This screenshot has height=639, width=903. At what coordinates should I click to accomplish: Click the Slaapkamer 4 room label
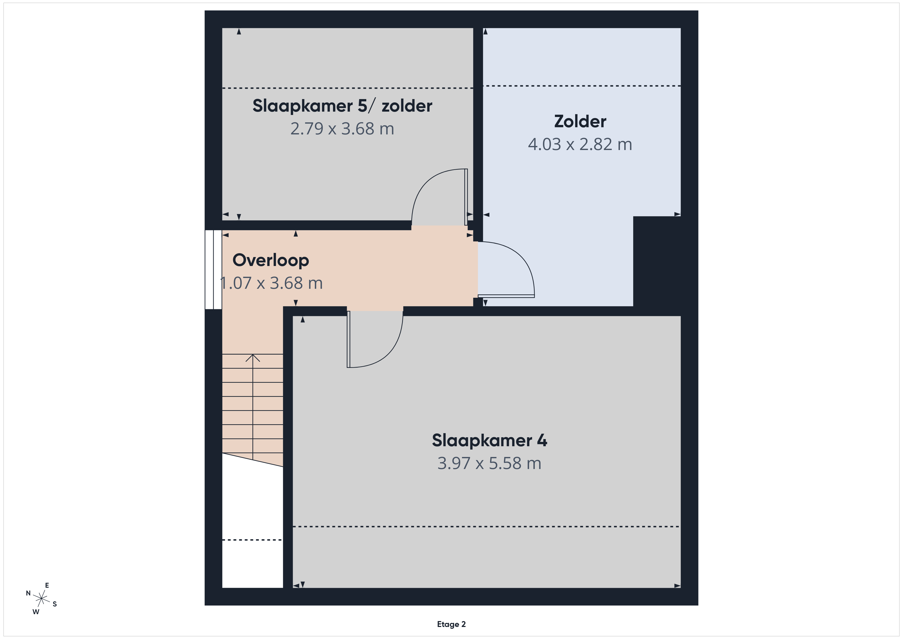(489, 440)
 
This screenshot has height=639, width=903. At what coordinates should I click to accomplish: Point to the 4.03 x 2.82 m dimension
(580, 144)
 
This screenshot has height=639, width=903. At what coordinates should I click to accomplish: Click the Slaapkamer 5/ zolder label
(342, 106)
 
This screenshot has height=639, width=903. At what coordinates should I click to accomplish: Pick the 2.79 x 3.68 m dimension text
(342, 129)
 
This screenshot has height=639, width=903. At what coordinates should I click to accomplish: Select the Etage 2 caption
(451, 624)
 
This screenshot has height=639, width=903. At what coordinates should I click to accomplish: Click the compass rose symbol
(41, 599)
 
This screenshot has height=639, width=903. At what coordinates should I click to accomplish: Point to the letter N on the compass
(28, 593)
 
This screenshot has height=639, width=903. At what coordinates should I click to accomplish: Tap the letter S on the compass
(55, 604)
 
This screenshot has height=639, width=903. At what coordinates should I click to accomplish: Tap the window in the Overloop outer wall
(213, 270)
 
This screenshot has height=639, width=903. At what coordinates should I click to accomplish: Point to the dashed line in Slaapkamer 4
(486, 526)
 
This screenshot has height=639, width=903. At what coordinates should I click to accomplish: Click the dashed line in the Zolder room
(582, 86)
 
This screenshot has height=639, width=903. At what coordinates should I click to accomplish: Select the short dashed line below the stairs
(252, 540)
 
